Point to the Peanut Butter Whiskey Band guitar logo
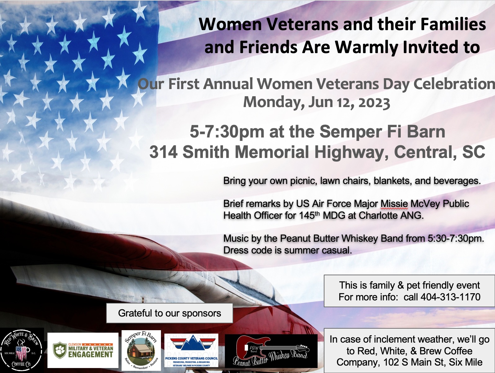coord(271,351)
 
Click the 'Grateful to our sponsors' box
coord(169,313)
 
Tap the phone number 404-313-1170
coord(450,297)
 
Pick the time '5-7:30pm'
coord(227,132)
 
